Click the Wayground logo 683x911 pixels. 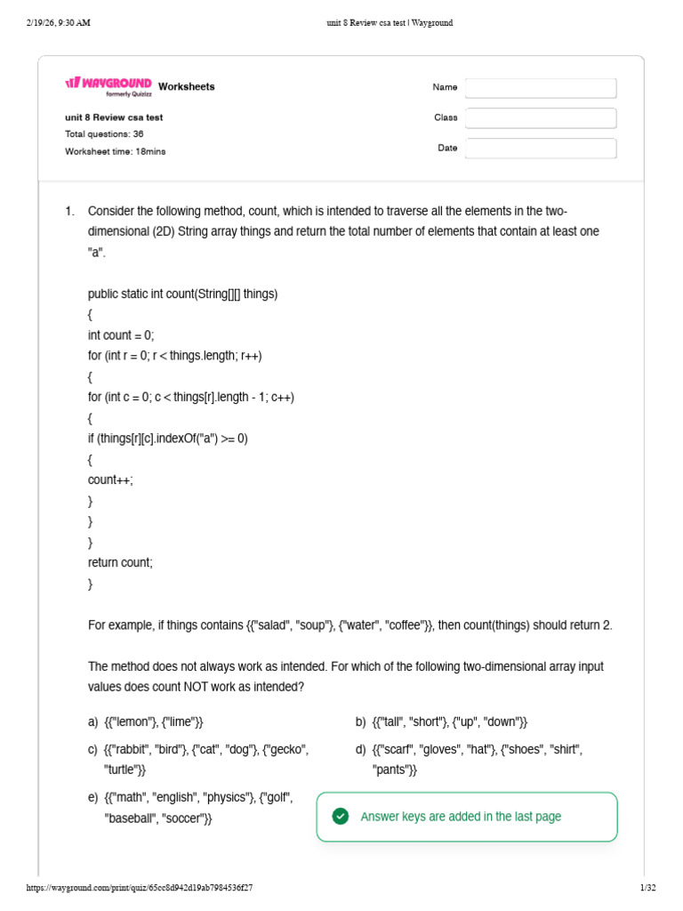pyautogui.click(x=108, y=85)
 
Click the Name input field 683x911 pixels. pyautogui.click(x=541, y=88)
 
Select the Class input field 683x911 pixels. pyautogui.click(x=541, y=118)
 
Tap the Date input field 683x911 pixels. pyautogui.click(x=541, y=149)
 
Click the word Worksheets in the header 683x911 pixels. pyautogui.click(x=186, y=87)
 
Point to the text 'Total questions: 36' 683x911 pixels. pyautogui.click(x=104, y=134)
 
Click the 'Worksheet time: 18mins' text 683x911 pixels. pyautogui.click(x=115, y=151)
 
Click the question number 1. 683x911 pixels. pyautogui.click(x=68, y=211)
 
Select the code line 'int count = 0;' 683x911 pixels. pyautogui.click(x=121, y=335)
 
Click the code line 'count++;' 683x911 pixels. pyautogui.click(x=110, y=480)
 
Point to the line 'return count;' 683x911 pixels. pyautogui.click(x=120, y=562)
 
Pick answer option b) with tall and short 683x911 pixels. pyautogui.click(x=449, y=722)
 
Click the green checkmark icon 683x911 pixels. pyautogui.click(x=341, y=817)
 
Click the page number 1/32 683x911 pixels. pyautogui.click(x=647, y=888)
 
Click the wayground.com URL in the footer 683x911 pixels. pyautogui.click(x=140, y=888)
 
